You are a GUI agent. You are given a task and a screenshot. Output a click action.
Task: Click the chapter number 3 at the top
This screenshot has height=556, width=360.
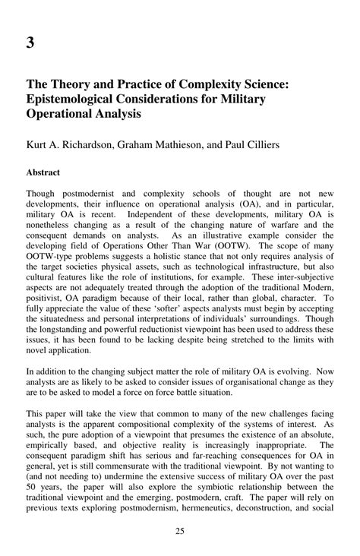(x=31, y=43)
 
